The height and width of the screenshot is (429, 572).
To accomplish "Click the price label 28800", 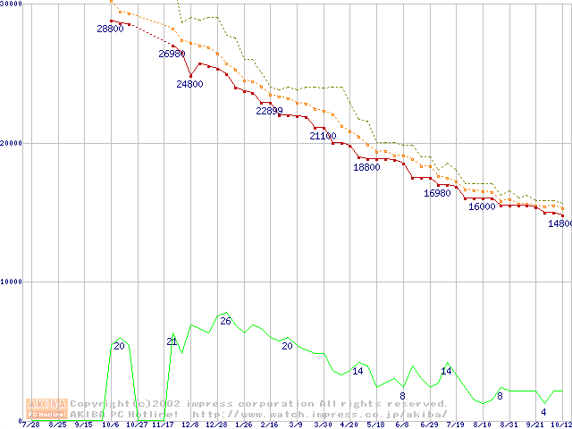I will [110, 29].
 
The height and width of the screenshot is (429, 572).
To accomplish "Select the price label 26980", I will [172, 55].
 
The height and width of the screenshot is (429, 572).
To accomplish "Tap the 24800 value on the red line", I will [189, 84].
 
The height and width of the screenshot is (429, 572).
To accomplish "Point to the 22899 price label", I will [270, 112].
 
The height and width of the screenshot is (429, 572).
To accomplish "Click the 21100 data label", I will [323, 137].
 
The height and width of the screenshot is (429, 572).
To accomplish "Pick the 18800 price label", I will [366, 167].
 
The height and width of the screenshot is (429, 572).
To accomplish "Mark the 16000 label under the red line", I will [482, 206].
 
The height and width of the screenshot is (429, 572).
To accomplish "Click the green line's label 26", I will [225, 321].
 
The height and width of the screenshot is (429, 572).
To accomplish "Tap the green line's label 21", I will [172, 341].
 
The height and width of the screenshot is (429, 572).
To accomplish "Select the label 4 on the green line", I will [543, 412].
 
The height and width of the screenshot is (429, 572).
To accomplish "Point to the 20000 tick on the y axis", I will [11, 143].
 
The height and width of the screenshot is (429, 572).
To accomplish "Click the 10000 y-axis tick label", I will [11, 282].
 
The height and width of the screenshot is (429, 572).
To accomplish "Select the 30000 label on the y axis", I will [11, 4].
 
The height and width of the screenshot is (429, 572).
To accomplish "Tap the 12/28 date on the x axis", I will [215, 425].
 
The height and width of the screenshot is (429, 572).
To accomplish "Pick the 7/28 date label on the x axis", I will [30, 425].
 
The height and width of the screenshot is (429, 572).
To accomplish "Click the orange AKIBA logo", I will [46, 408].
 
